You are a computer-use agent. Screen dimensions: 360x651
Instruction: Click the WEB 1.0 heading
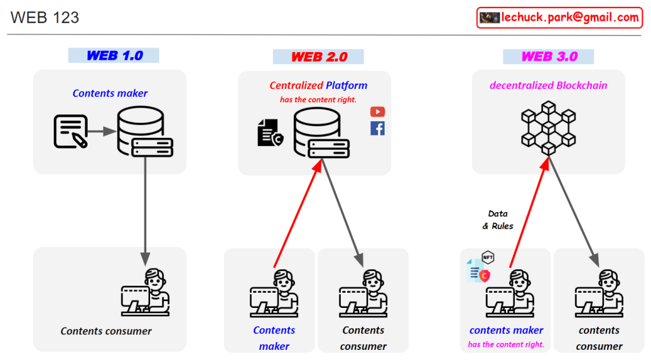[114, 55]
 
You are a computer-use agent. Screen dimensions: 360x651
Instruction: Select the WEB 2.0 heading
[319, 57]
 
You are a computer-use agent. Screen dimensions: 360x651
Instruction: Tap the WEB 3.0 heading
[549, 57]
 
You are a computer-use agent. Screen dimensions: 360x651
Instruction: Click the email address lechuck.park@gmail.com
[569, 18]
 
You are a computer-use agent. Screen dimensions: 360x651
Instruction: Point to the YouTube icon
[378, 112]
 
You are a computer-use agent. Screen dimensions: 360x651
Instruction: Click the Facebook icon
[378, 128]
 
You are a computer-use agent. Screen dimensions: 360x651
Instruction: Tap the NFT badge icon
[488, 258]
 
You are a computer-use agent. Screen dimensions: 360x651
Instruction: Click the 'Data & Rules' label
[498, 220]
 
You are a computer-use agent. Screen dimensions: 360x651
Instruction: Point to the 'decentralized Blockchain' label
[548, 86]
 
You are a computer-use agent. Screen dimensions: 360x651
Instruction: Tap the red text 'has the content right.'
[319, 100]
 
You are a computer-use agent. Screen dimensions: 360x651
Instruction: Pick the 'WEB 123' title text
[45, 18]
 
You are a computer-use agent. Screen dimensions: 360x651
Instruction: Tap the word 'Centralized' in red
[296, 86]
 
